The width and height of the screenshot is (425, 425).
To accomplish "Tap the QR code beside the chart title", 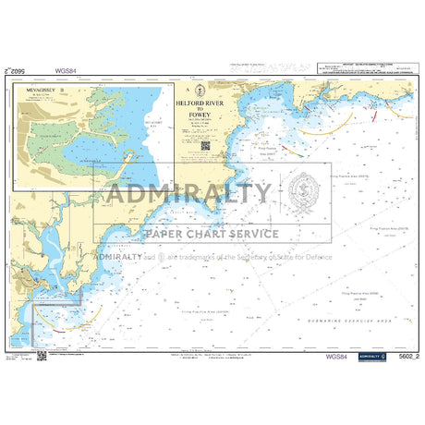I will coord(205,144).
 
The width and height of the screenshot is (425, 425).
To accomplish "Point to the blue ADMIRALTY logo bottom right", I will coord(370,355).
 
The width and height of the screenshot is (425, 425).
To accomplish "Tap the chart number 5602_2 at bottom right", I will coord(401,356).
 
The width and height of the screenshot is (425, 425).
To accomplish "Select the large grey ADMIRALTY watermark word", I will coord(188,195).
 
